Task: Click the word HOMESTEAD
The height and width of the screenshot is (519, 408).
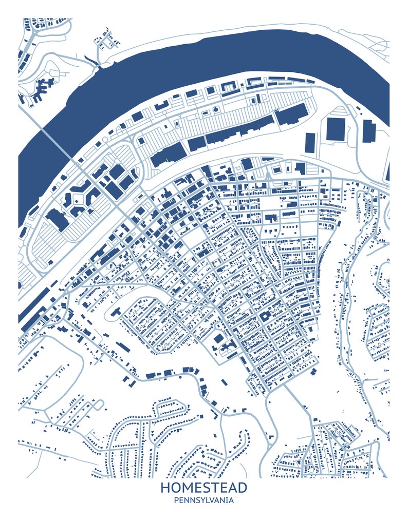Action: tap(204, 487)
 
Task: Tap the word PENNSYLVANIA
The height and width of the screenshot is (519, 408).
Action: tap(204, 500)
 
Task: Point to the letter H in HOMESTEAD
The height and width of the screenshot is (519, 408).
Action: tap(165, 487)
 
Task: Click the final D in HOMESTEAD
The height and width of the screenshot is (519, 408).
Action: tap(242, 487)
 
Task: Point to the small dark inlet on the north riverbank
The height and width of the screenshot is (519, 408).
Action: tap(96, 61)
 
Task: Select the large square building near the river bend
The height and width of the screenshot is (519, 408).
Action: tap(336, 129)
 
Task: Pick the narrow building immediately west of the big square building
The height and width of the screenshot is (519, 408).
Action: tap(310, 142)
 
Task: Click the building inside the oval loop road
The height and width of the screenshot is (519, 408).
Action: tap(114, 311)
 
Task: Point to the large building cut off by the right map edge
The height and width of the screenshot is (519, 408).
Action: tap(387, 172)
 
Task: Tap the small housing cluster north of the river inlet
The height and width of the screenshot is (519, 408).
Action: tap(106, 37)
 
